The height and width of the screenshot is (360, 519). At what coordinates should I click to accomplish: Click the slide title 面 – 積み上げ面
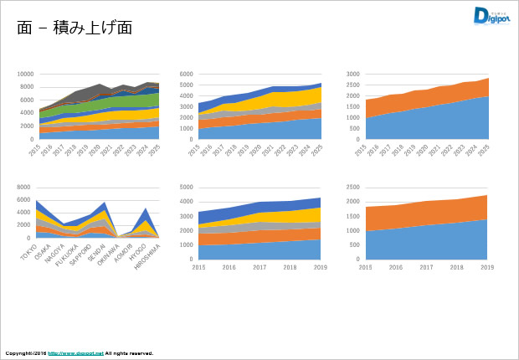pyautogui.click(x=75, y=28)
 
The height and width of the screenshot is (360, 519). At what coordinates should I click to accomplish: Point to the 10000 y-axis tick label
pyautogui.click(x=25, y=74)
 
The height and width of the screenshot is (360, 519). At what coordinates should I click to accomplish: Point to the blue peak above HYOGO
pyautogui.click(x=146, y=214)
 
